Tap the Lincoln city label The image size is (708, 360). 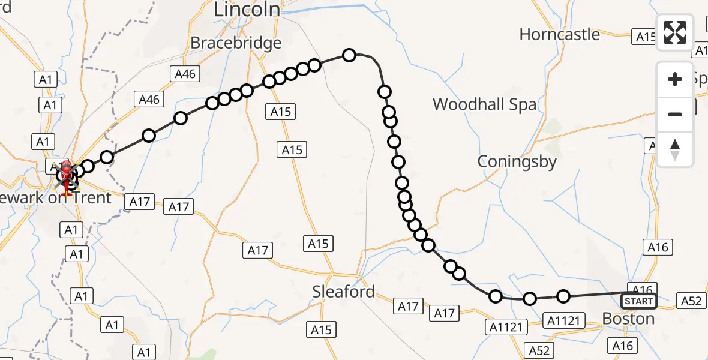247,8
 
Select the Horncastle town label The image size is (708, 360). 559,35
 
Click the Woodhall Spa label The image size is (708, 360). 484,104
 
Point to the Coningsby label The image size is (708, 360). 517,161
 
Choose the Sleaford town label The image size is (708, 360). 343,292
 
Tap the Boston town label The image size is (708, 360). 628,318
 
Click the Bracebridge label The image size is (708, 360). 236,43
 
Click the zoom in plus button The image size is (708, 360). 675,79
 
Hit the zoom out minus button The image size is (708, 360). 675,114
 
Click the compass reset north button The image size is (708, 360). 675,149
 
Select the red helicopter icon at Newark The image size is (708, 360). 65,175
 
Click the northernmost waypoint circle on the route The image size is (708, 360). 349,55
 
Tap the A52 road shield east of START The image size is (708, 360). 691,301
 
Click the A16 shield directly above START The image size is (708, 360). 641,289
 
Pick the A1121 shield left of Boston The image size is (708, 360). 563,320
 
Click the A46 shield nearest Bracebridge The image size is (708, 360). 185,74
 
